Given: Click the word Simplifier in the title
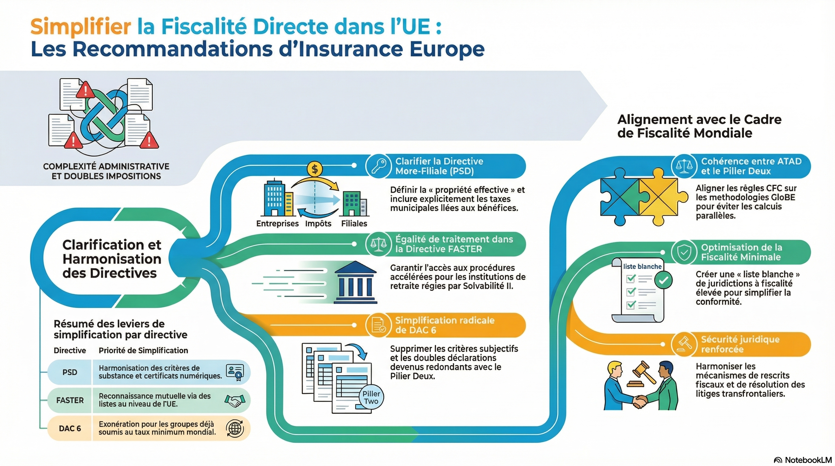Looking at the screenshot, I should [x=81, y=27].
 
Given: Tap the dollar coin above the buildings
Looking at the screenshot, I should [x=314, y=169].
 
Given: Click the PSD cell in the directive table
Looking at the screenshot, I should [x=70, y=372].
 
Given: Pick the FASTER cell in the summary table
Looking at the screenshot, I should [x=70, y=400].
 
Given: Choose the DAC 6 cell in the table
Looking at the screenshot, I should [x=70, y=428].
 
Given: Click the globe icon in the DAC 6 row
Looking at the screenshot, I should [x=235, y=428].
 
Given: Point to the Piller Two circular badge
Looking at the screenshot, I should [x=371, y=397].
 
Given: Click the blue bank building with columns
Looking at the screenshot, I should [x=355, y=282].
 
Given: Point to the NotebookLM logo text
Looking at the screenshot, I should [x=807, y=460].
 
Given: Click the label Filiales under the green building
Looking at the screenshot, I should [x=354, y=224].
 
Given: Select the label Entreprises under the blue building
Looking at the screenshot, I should [x=277, y=224].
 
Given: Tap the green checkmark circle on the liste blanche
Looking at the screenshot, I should [x=663, y=280].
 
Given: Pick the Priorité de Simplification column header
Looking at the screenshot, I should [x=143, y=350].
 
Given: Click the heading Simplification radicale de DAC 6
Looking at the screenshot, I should [x=445, y=325].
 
